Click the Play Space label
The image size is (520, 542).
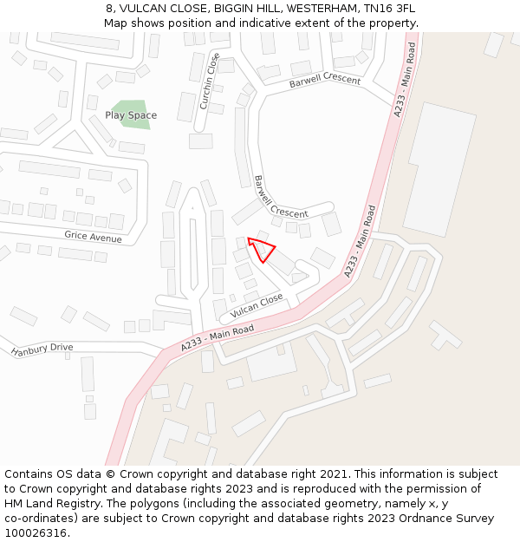[131, 115]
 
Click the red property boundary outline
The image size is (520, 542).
[261, 249]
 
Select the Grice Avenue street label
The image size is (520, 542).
[93, 237]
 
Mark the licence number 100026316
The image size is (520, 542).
[36, 533]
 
